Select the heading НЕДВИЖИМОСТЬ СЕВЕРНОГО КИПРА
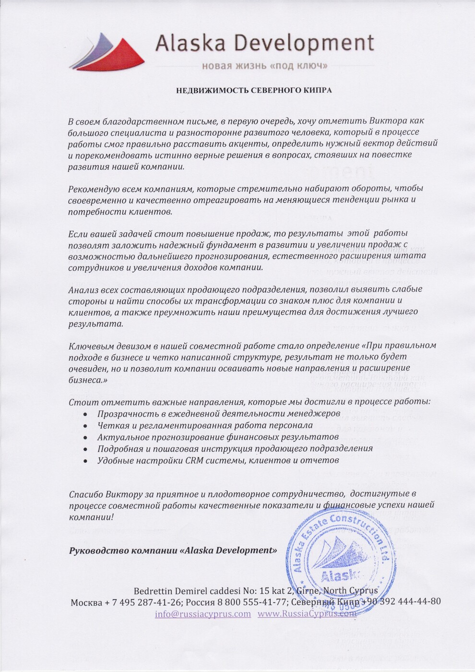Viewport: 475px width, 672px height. (254, 90)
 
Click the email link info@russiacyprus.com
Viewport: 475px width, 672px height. (202, 614)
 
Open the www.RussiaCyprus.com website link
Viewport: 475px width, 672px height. (307, 614)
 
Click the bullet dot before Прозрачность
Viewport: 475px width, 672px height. (85, 414)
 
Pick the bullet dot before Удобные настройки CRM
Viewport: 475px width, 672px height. (85, 461)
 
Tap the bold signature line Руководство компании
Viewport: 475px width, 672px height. (173, 550)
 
